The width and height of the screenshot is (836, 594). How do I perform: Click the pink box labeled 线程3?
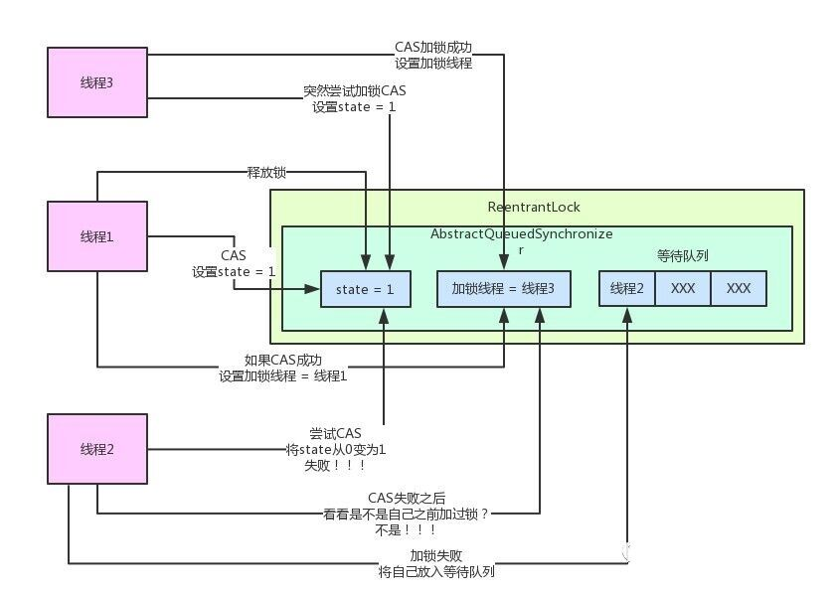pos(96,80)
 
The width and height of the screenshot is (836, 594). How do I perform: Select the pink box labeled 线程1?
pos(96,235)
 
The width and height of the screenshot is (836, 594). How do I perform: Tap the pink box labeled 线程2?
pos(96,449)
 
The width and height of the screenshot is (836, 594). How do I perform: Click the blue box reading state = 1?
pos(365,288)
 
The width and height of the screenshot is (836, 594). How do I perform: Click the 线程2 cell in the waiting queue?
pos(627,288)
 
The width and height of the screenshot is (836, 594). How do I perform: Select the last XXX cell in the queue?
pos(738,288)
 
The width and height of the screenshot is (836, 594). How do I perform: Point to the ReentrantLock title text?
pos(534,207)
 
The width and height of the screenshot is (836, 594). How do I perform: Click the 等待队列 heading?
pos(683,254)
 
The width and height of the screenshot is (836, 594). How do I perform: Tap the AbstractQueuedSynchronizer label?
pos(521,234)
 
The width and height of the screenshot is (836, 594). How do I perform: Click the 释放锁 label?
pos(266,172)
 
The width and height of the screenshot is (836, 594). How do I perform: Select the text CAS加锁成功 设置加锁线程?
pos(433,56)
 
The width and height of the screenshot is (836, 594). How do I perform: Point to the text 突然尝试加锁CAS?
pos(355,91)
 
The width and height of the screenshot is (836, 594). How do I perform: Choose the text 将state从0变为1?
pos(335,449)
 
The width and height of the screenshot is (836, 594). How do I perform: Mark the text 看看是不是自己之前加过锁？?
pos(404,514)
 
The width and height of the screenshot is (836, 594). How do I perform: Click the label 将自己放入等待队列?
pos(437,572)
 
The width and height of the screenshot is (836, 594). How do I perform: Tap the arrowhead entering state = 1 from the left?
pos(313,289)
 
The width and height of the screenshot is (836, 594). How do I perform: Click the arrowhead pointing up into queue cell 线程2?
pos(627,313)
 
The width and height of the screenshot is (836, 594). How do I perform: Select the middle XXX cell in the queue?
pos(683,288)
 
